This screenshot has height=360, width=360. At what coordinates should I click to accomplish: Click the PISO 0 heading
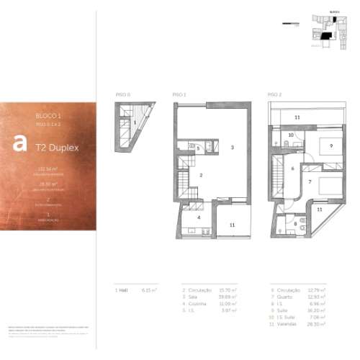(x=122, y=94)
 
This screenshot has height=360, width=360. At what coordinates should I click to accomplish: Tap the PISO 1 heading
(x=180, y=94)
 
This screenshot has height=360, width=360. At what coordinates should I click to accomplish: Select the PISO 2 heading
(x=275, y=94)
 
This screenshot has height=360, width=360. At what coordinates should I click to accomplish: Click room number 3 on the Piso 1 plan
(x=232, y=147)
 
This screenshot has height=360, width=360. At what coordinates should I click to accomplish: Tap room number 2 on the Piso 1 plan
(x=202, y=175)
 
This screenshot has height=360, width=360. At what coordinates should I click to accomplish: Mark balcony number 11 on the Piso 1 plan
(x=232, y=225)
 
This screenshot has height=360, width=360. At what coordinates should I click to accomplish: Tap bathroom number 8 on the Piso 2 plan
(x=295, y=223)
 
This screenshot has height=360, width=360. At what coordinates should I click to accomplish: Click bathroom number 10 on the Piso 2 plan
(x=291, y=135)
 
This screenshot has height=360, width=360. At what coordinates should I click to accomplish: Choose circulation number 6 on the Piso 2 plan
(x=293, y=168)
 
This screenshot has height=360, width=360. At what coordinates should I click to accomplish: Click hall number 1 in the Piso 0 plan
(x=135, y=122)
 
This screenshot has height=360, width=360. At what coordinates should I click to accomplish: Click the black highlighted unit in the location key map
(x=326, y=34)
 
